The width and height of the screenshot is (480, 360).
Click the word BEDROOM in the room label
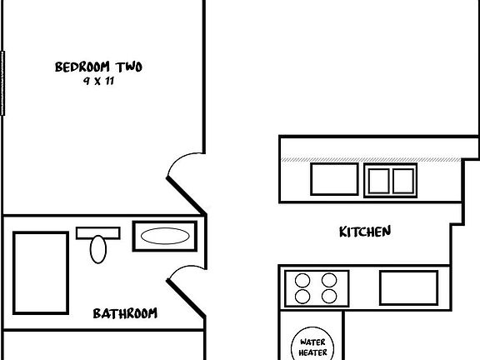coord(82,67)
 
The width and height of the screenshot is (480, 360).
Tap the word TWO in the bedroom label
coord(129,67)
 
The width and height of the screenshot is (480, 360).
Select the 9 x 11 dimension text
coord(98,81)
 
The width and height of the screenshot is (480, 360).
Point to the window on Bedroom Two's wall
coord(2,83)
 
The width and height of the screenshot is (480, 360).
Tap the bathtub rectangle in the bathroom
coord(41,273)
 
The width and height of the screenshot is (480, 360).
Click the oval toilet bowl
coord(98,249)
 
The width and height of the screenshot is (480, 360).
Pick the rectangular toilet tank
coord(98,233)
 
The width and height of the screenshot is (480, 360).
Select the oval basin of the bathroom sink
coord(165,236)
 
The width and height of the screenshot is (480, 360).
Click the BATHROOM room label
coord(125,313)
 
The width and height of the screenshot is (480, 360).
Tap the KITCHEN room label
coord(365,232)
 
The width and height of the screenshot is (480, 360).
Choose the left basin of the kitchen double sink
coord(378,181)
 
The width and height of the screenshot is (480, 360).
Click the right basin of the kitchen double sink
coord(403,181)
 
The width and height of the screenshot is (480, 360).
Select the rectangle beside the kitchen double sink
coord(334,179)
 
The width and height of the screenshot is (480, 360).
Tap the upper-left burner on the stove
coord(302,280)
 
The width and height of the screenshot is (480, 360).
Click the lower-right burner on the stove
coord(329,296)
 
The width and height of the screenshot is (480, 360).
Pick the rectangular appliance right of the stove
coord(408,287)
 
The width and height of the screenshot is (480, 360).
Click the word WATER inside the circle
coord(312,342)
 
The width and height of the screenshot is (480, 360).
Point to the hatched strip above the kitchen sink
coord(371,160)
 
